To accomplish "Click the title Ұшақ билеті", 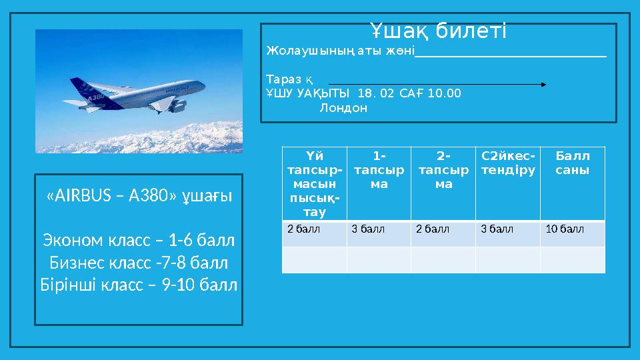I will pos(438,31).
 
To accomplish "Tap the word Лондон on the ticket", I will pos(343,108).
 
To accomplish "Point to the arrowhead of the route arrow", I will pos(543,85).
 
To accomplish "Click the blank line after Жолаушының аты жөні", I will pos(510,55).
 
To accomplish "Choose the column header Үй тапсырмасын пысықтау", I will pos(313,184).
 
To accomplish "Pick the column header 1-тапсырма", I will pos(379,171).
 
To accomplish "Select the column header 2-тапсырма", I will pos(443,171).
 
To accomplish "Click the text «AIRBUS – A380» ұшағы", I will pos(139,197).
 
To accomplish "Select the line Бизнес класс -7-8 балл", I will pos(139,262).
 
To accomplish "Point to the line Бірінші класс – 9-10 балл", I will pos(139,285).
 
